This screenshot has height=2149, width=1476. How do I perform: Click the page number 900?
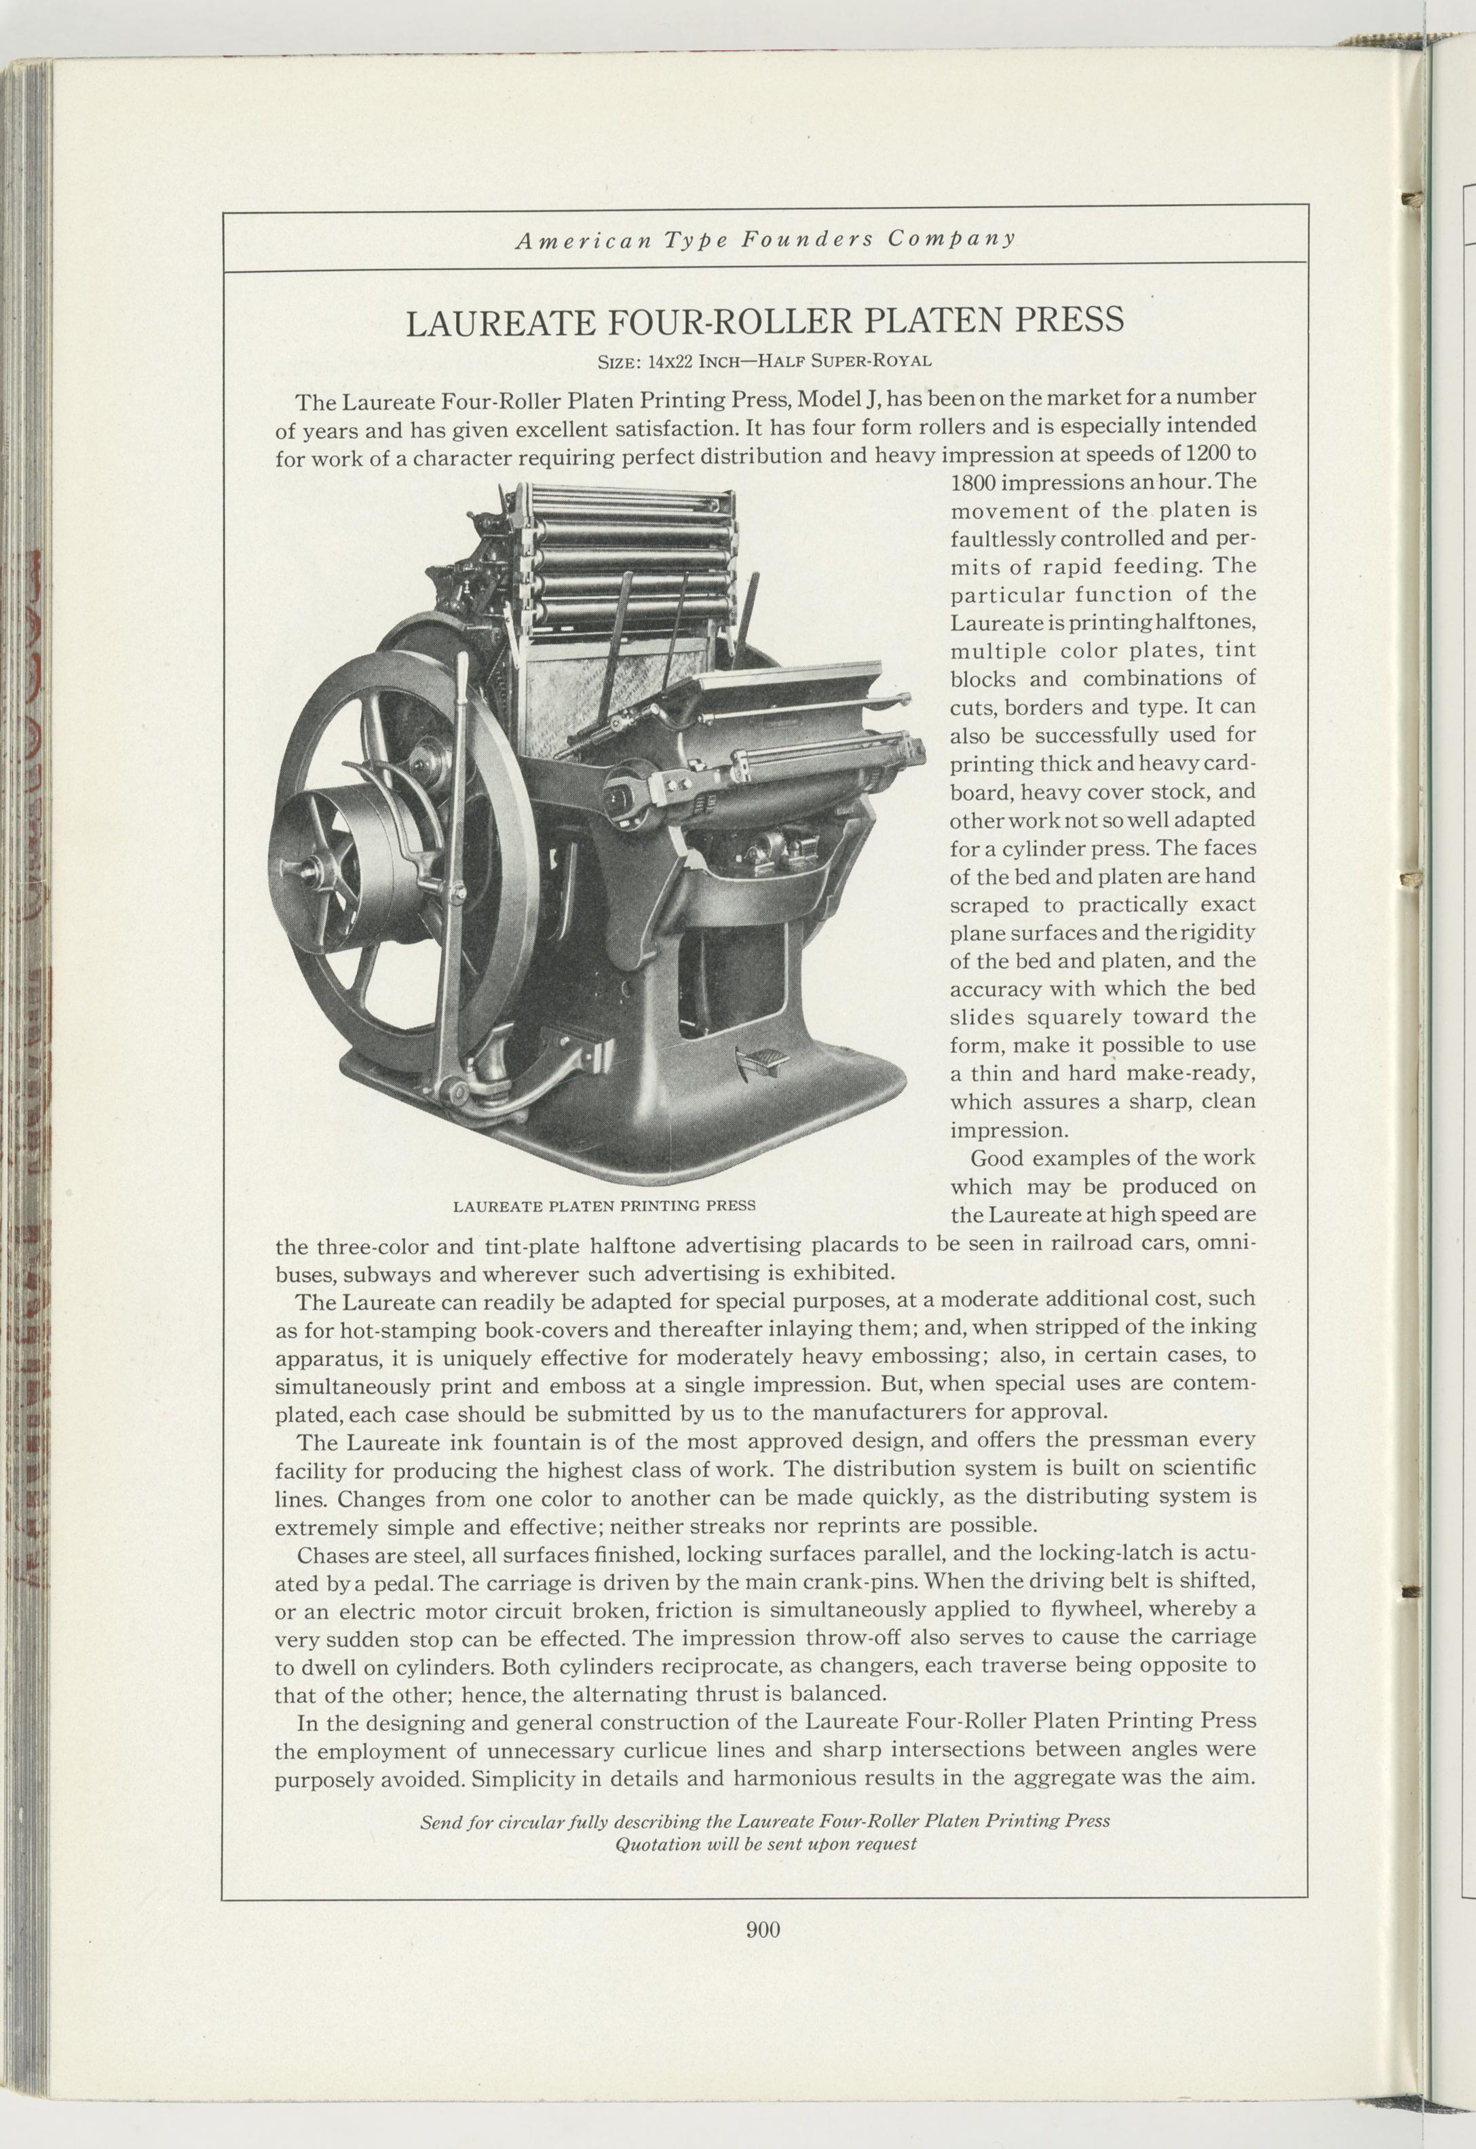763,1922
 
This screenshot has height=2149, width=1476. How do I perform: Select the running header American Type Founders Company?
765,239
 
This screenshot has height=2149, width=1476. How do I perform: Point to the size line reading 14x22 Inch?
679,362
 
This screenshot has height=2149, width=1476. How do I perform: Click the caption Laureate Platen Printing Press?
604,1206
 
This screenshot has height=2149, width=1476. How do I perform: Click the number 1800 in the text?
972,483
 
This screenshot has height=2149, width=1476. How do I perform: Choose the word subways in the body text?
388,1274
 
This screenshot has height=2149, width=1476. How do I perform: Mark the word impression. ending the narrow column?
1009,1131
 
